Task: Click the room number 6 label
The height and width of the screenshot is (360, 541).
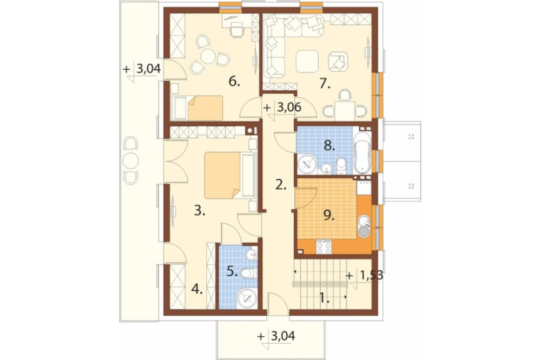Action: [x=234, y=82]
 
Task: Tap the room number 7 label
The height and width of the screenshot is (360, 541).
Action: [x=324, y=83]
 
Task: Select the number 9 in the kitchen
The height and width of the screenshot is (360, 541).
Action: [x=329, y=216]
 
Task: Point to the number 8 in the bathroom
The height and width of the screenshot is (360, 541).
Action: [x=329, y=146]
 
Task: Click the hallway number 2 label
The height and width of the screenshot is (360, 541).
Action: [x=281, y=185]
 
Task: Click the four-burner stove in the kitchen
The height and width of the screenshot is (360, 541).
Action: [x=324, y=247]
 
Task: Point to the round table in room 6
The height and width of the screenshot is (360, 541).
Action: [x=208, y=57]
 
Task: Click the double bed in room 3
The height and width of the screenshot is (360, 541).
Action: [x=230, y=176]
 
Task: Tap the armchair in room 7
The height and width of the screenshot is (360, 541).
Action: [x=338, y=62]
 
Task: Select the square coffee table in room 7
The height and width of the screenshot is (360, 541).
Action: [x=307, y=62]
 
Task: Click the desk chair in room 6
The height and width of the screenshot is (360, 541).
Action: [x=236, y=30]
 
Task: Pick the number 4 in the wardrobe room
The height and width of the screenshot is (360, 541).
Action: [x=197, y=290]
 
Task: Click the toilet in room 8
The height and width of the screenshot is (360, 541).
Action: [x=341, y=165]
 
